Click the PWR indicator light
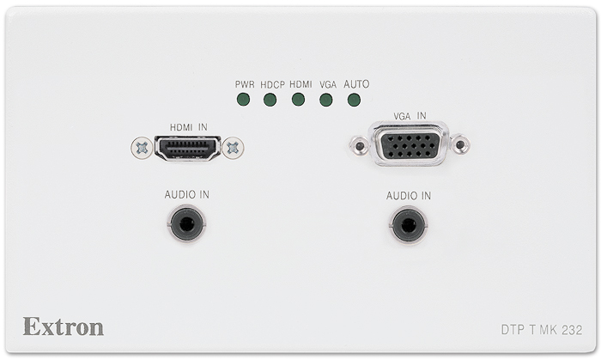tap(243, 100)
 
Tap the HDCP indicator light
tap(270, 100)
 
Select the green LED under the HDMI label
tap(298, 100)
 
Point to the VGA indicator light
tap(326, 100)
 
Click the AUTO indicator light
tap(354, 100)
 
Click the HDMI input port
tap(187, 148)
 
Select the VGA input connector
tap(409, 144)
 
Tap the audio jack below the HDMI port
tap(186, 223)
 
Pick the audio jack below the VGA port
tap(408, 225)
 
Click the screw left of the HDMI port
tap(142, 148)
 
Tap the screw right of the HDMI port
tap(233, 148)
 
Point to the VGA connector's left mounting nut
tap(360, 146)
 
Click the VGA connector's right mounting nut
tap(460, 144)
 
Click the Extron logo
tap(64, 326)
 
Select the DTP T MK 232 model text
tap(542, 330)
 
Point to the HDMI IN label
tap(189, 127)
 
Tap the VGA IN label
tap(410, 116)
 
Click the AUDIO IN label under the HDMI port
tap(187, 195)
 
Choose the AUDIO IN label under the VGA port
tap(409, 196)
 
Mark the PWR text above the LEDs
tap(245, 84)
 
